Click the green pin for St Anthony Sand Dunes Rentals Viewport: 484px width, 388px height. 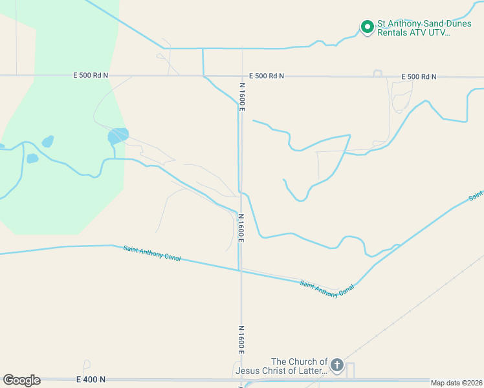pyautogui.click(x=367, y=27)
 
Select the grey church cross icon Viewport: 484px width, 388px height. pyautogui.click(x=336, y=366)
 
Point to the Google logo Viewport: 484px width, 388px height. pyautogui.click(x=21, y=380)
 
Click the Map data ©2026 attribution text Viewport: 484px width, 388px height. pyautogui.click(x=456, y=383)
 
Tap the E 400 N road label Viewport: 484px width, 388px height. pyautogui.click(x=91, y=380)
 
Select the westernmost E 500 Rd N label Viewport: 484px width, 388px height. pyautogui.click(x=91, y=76)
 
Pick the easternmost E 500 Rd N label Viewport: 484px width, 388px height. pyautogui.click(x=419, y=77)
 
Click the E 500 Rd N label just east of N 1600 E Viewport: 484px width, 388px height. pyautogui.click(x=266, y=76)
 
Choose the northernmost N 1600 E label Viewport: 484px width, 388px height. pyautogui.click(x=242, y=97)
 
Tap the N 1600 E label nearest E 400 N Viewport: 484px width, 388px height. pyautogui.click(x=241, y=339)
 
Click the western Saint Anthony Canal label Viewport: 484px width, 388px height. pyautogui.click(x=151, y=253)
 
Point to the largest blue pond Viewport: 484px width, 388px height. pyautogui.click(x=118, y=136)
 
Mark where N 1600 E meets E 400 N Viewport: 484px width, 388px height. pyautogui.click(x=241, y=380)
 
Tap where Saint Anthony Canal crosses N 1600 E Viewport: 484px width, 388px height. pyautogui.click(x=241, y=270)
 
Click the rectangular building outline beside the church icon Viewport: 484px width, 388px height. pyautogui.click(x=351, y=371)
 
